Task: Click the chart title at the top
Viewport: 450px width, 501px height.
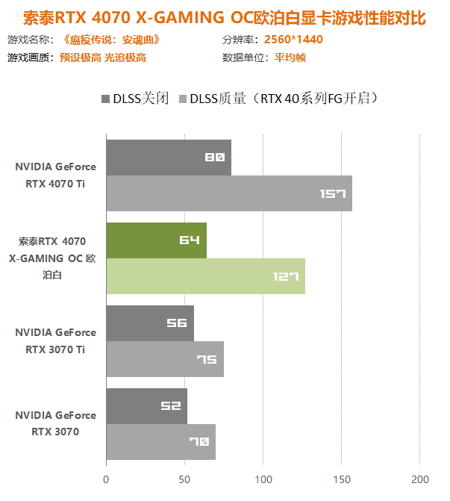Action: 225,16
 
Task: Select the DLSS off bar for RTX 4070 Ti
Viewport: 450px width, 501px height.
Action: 168,158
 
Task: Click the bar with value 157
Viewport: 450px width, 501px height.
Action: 228,193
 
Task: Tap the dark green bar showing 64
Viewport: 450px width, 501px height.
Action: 156,240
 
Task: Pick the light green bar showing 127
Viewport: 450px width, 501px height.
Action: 205,276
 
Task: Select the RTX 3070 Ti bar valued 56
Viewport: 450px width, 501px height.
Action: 149,323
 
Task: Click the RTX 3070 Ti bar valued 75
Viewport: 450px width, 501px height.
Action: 164,359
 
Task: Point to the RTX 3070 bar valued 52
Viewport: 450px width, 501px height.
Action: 146,406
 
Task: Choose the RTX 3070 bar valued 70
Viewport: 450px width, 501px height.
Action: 160,442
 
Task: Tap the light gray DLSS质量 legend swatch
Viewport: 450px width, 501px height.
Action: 183,99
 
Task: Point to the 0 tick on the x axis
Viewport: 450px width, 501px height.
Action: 106,479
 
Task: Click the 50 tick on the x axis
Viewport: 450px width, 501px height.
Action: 184,479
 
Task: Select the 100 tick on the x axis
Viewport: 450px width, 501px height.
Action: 263,479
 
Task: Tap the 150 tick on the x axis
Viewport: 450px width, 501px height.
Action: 341,479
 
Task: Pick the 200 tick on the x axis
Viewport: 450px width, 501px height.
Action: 420,479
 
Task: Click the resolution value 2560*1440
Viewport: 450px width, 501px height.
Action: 293,40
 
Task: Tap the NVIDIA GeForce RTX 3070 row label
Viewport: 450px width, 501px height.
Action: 55,423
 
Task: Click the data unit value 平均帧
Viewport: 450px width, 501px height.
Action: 290,57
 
